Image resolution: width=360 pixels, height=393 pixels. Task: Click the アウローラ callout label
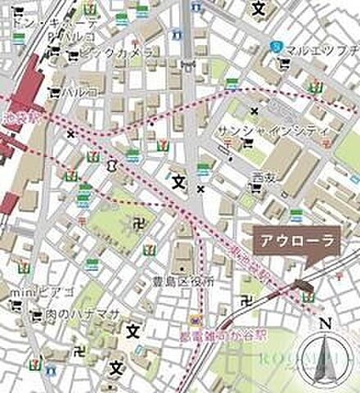point(286,241)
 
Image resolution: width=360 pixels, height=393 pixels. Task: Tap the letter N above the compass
point(326,323)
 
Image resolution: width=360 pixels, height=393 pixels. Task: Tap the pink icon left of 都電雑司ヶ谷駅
point(196,321)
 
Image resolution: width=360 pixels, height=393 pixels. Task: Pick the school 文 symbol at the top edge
point(259,10)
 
